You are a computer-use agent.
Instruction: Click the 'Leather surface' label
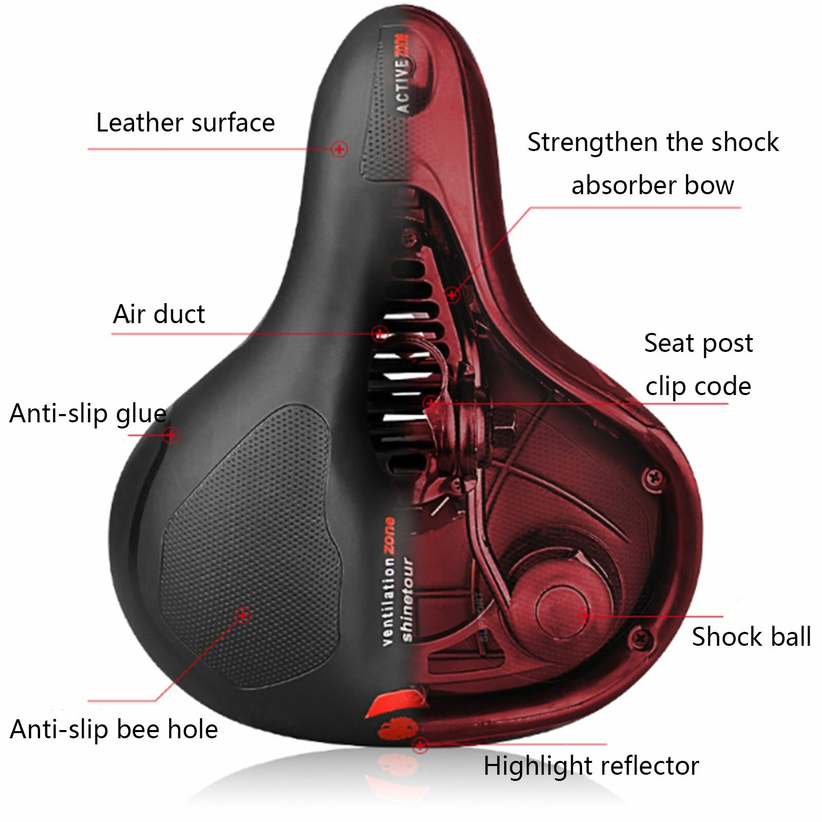tap(185, 123)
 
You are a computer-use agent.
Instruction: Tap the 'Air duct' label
tap(159, 314)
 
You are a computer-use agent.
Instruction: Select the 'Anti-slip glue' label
tap(88, 414)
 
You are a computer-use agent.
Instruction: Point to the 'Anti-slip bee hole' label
tap(114, 729)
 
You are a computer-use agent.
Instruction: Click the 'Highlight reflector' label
tap(591, 766)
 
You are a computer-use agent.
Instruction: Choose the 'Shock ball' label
tap(751, 637)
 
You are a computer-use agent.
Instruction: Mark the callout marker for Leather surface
tap(339, 149)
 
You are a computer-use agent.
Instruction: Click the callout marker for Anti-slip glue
tap(172, 435)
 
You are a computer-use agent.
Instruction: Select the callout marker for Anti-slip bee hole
tap(242, 614)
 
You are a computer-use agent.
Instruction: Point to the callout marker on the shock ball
tap(585, 614)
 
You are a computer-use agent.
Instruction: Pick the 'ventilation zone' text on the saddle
tap(389, 581)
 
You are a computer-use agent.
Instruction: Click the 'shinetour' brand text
tap(407, 599)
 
